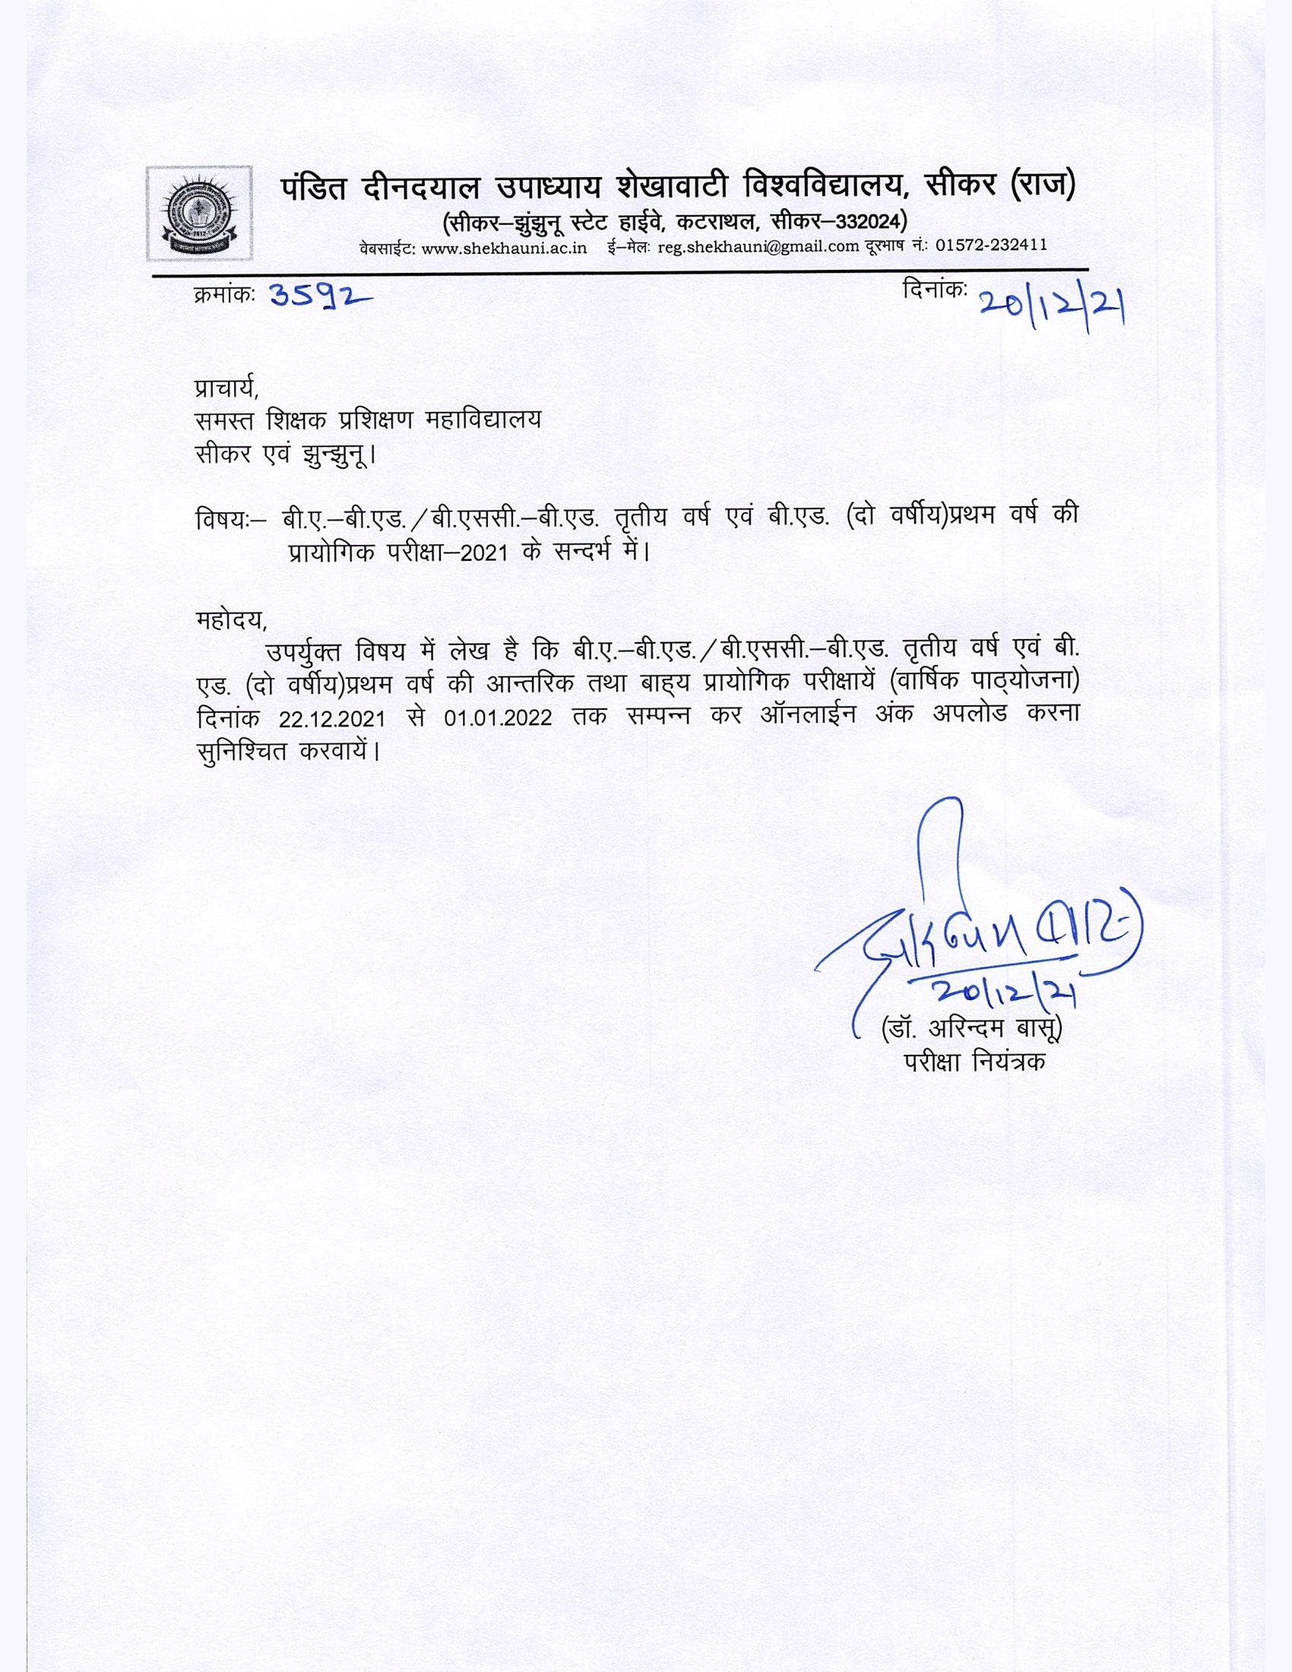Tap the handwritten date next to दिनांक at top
pos(1052,307)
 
